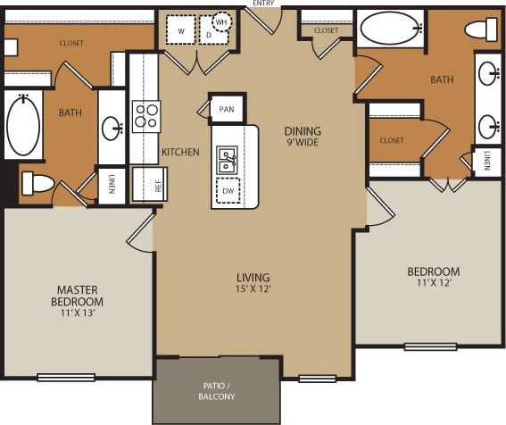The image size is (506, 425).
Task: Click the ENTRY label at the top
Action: (x=263, y=4)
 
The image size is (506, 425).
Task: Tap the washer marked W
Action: (x=181, y=31)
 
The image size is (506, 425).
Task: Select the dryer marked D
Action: (x=209, y=35)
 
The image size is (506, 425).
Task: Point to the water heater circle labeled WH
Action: (x=221, y=21)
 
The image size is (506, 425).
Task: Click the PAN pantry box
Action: (x=226, y=109)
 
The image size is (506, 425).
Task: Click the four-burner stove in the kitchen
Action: (x=145, y=116)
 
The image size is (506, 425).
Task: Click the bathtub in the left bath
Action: (x=23, y=126)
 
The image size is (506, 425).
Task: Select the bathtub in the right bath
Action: (x=393, y=28)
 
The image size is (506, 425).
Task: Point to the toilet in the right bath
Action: (x=481, y=29)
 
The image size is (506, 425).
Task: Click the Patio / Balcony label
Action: (x=218, y=390)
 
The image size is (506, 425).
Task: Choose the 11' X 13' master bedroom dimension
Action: (x=77, y=313)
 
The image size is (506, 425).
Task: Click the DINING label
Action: (x=303, y=131)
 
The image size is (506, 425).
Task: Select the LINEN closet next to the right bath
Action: (x=487, y=161)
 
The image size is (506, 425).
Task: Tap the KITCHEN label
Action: (x=180, y=152)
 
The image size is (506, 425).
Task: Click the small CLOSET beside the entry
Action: (x=327, y=30)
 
